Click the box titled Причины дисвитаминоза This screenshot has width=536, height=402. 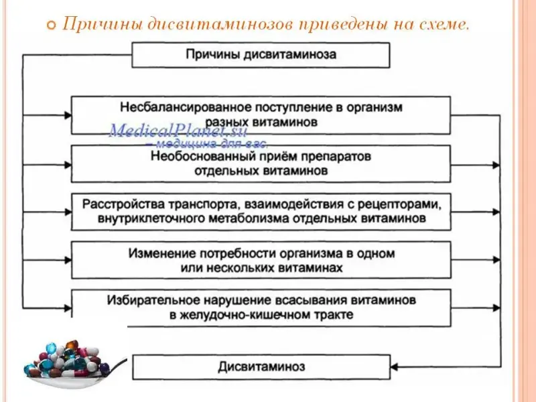coord(261,55)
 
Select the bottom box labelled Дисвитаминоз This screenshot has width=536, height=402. coord(261,367)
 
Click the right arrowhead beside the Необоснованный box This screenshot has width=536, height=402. coord(496,163)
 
